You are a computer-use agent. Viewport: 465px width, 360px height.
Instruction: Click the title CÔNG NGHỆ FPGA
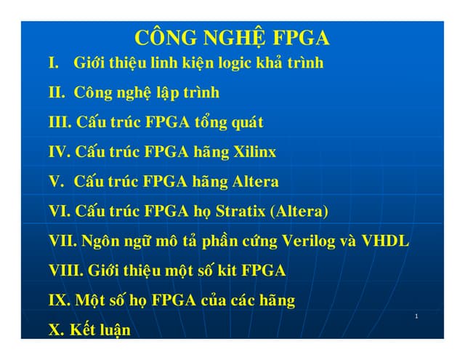[232, 39]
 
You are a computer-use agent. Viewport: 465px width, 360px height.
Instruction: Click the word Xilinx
[254, 153]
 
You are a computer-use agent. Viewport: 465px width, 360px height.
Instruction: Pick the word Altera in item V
[255, 182]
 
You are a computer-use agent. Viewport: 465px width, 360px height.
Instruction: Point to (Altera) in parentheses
[299, 212]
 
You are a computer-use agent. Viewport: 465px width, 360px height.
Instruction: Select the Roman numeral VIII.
[66, 271]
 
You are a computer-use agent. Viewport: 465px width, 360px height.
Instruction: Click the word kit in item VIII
[226, 271]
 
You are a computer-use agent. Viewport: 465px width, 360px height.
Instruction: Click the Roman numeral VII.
[64, 241]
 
